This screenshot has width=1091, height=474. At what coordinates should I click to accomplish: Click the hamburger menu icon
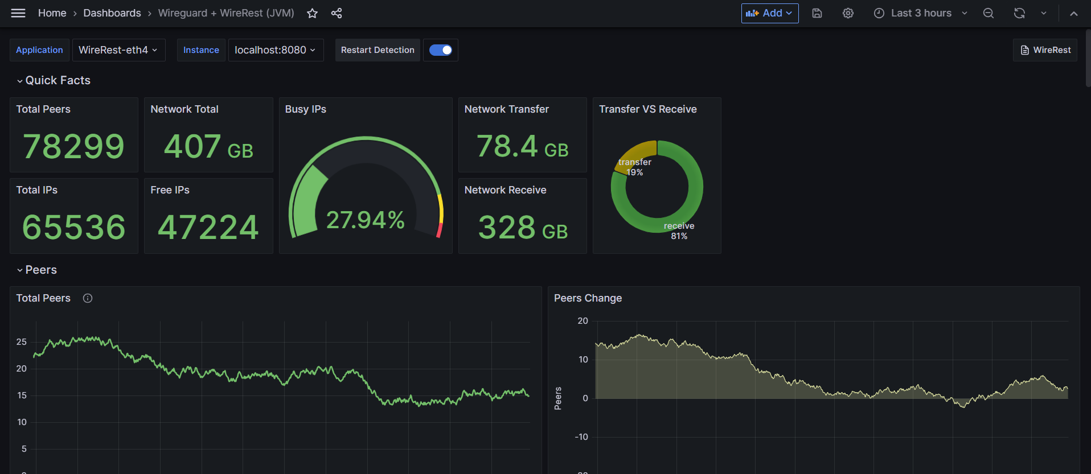coord(18,13)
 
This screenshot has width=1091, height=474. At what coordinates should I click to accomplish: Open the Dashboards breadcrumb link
coord(112,13)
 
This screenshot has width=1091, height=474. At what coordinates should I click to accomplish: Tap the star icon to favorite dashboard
coord(312,13)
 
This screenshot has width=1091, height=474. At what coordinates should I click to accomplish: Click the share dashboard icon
coord(337,13)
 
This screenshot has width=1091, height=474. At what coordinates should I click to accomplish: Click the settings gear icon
coord(848,13)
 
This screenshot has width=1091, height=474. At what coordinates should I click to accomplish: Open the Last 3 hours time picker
coord(921,13)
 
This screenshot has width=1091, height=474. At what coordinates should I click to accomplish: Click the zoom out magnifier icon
coord(989,13)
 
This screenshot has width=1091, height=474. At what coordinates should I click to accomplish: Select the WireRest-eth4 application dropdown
coord(118,50)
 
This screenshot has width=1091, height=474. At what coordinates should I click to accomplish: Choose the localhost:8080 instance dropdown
coord(276,50)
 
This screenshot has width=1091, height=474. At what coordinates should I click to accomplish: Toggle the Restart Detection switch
coord(441,50)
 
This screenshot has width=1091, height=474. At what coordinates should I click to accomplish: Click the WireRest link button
coord(1045,50)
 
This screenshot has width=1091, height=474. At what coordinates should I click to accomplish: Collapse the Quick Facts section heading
coord(54,80)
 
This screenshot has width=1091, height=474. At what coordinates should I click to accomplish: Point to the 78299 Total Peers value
coord(73,146)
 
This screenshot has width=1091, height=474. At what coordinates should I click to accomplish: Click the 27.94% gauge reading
coord(365,220)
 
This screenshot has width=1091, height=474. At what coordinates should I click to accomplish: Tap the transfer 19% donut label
coord(635,167)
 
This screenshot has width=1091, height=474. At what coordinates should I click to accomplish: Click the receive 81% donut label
coord(679,231)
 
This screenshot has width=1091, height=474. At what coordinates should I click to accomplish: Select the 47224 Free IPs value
coord(208,227)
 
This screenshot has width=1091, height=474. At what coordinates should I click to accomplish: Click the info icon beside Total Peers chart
coord(88,298)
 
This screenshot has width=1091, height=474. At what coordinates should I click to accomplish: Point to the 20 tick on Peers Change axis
coord(583,321)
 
